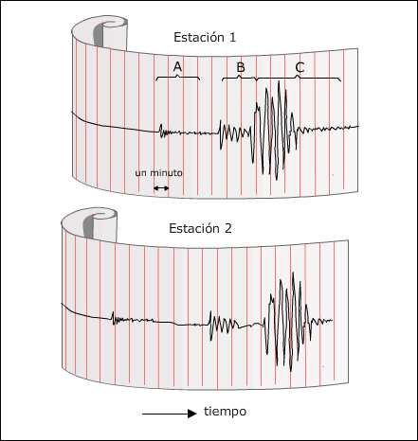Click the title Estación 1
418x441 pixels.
pyautogui.click(x=205, y=37)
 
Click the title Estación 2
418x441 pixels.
pyautogui.click(x=200, y=228)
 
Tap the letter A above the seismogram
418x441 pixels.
pyautogui.click(x=177, y=66)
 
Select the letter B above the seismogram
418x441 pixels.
pyautogui.click(x=241, y=67)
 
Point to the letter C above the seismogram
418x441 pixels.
pyautogui.click(x=300, y=67)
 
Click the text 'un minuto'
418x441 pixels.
pyautogui.click(x=158, y=173)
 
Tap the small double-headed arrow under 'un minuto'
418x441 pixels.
pyautogui.click(x=161, y=188)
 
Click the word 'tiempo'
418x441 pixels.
pyautogui.click(x=225, y=412)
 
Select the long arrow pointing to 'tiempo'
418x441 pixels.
pyautogui.click(x=170, y=414)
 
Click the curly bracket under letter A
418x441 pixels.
pyautogui.click(x=177, y=77)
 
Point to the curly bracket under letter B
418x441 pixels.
pyautogui.click(x=239, y=78)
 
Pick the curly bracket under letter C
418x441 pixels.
pyautogui.click(x=299, y=78)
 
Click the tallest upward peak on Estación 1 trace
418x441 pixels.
pyautogui.click(x=279, y=81)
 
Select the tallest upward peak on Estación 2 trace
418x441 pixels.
pyautogui.click(x=293, y=273)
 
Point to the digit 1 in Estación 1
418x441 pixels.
pyautogui.click(x=232, y=38)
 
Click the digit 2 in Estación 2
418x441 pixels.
pyautogui.click(x=228, y=228)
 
